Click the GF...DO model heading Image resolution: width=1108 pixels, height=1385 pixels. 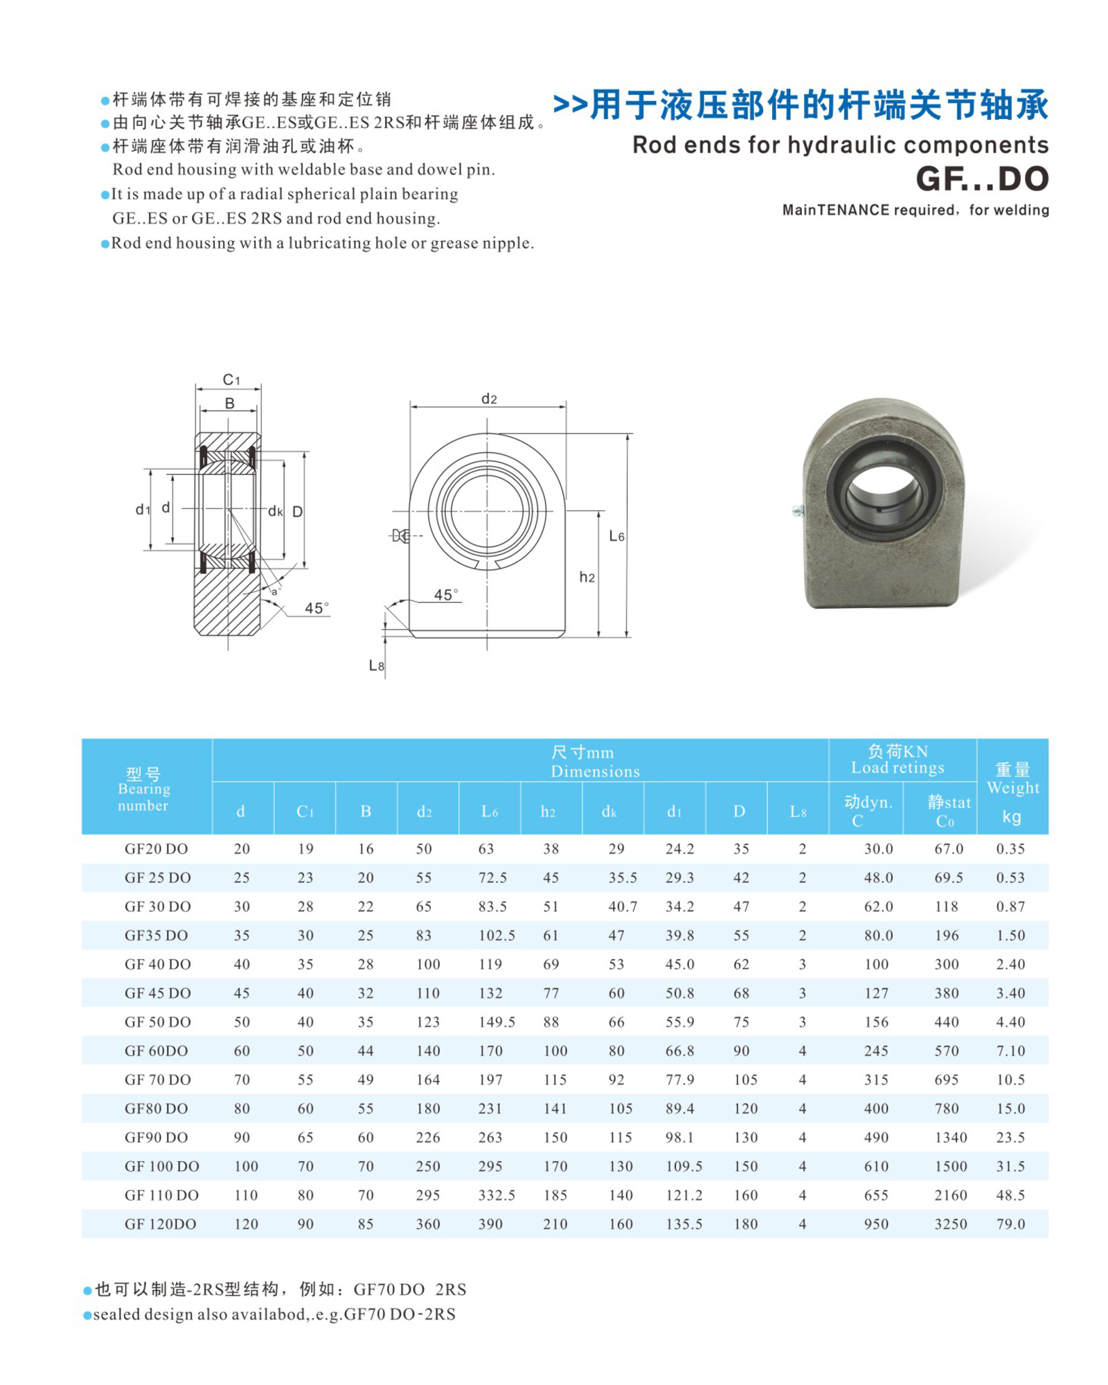981,179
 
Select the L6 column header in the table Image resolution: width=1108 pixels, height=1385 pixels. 490,812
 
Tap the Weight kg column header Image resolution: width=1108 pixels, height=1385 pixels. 1012,793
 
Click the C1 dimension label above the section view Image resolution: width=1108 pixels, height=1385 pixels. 231,379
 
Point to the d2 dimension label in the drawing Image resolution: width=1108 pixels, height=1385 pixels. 489,398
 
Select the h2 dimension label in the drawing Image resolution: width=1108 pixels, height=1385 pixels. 587,577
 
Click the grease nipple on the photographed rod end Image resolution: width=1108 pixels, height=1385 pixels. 798,511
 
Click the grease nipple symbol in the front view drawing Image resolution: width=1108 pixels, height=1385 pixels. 400,535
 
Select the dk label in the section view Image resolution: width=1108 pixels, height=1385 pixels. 275,511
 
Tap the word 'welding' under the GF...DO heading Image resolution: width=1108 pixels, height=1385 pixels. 1024,210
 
